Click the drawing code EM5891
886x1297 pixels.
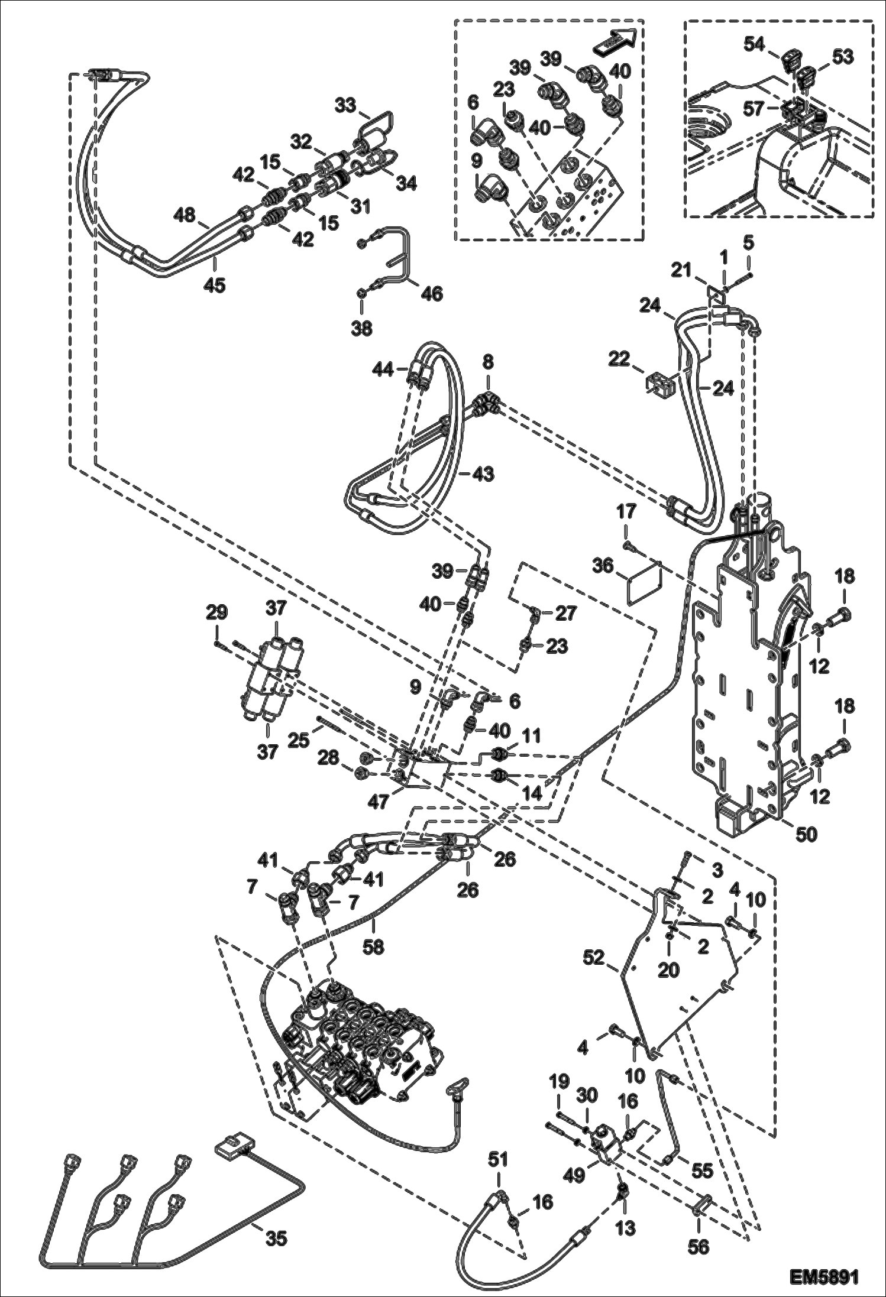point(823,1275)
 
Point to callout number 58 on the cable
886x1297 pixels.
point(373,946)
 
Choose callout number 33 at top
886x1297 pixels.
point(345,106)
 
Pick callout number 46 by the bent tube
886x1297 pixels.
point(432,293)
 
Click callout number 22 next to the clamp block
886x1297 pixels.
point(620,359)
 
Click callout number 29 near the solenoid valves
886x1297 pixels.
point(217,612)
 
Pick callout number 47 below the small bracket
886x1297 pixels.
point(379,801)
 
